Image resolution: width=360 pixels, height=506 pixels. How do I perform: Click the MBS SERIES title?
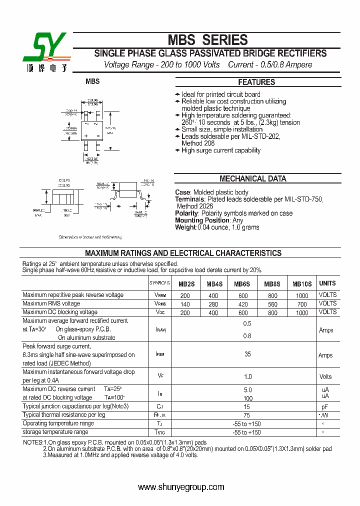pos(207,40)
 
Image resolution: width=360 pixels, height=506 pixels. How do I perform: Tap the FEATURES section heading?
pos(256,82)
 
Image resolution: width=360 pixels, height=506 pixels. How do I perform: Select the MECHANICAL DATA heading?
pos(253,178)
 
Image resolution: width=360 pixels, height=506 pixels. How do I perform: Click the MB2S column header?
pos(186,284)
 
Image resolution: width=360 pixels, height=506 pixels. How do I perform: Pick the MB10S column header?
pos(302,284)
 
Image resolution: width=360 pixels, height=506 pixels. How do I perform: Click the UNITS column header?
pos(327,283)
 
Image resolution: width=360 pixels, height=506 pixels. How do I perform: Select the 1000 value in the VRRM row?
pos(302,295)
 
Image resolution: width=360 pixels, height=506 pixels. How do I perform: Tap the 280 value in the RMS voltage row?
pos(213,304)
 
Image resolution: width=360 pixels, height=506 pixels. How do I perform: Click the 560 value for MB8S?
pos(272,304)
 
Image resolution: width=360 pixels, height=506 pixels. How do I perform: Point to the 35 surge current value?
pos(247,354)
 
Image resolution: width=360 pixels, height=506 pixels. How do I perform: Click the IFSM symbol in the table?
pos(159,354)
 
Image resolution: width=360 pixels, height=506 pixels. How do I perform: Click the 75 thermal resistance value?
pos(247,415)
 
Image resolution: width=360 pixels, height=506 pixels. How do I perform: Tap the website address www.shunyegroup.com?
pos(181,487)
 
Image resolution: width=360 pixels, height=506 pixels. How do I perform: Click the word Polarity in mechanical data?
pos(186,213)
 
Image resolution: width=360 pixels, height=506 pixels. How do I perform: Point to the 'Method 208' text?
pos(198,143)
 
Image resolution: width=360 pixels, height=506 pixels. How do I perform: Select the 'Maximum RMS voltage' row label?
pos(51,303)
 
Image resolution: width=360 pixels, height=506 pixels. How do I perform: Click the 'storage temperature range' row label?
pos(55,432)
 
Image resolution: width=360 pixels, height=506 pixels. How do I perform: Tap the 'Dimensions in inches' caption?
pos(90,237)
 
